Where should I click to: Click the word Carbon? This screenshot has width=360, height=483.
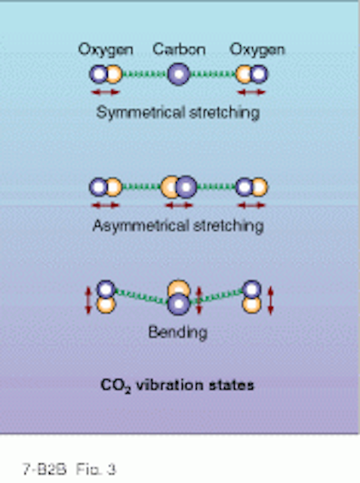coord(179,49)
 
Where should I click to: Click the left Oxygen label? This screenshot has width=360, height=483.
coord(106,50)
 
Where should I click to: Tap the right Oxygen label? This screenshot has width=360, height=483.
coord(257,50)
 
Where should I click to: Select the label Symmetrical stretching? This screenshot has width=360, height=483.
coord(178,112)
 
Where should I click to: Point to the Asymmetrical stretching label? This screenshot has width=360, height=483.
coord(178,226)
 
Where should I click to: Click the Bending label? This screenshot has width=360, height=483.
coord(178,332)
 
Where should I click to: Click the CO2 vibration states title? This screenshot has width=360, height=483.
coord(177,386)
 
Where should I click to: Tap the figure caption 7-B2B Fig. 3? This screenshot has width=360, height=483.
coord(69,469)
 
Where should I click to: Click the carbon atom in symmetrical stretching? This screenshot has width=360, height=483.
coord(179,74)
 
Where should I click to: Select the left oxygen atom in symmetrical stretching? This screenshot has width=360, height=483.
coord(106,74)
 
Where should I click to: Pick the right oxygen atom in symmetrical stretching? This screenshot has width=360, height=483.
coord(251,74)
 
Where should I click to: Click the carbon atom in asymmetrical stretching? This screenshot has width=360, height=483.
coord(179,187)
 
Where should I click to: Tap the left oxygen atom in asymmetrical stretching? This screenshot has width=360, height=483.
coord(106,187)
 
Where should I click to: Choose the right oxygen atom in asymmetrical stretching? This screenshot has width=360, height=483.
coord(251,187)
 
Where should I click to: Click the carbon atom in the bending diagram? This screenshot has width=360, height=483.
coord(179,297)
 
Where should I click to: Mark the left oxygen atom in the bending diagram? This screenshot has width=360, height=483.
coord(106,297)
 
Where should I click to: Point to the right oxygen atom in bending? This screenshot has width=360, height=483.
coord(252,297)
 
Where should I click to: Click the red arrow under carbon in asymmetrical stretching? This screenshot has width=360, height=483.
coord(179,205)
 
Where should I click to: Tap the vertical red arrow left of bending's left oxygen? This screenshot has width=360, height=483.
coord(88,300)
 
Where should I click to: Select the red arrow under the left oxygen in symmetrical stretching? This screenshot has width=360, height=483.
coord(106,92)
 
